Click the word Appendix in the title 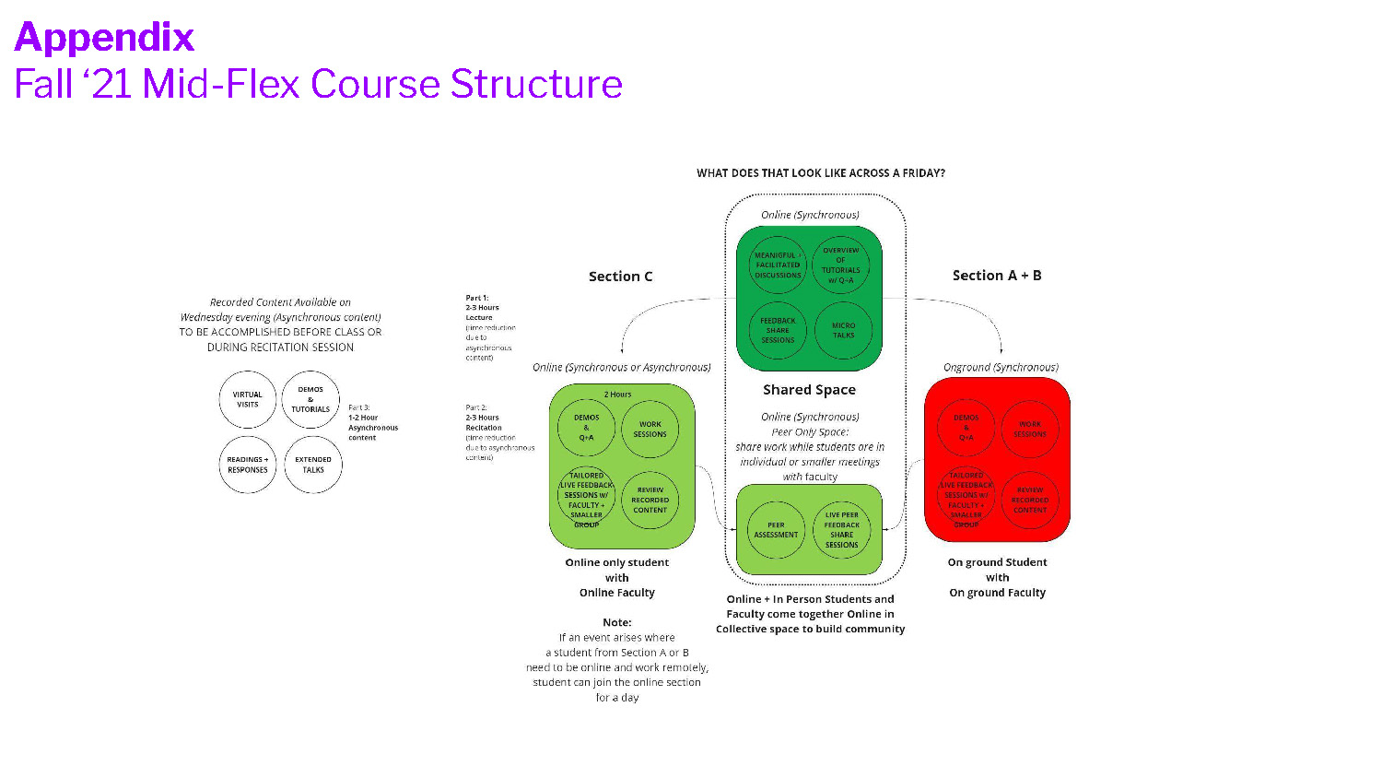click(x=104, y=38)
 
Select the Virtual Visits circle click(x=248, y=400)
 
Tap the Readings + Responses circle click(x=248, y=465)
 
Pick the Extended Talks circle click(x=313, y=465)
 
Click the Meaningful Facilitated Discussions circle click(x=778, y=265)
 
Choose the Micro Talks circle click(x=843, y=330)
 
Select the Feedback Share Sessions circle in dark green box click(x=778, y=330)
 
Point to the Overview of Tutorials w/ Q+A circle click(x=840, y=265)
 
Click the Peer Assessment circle click(x=776, y=530)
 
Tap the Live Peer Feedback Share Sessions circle click(x=842, y=530)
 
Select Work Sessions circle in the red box click(x=1030, y=430)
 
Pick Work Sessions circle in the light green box click(x=650, y=430)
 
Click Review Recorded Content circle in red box click(x=1030, y=500)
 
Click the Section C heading click(x=620, y=277)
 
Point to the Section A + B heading click(x=997, y=276)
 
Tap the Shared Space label click(x=809, y=390)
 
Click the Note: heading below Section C click(x=616, y=622)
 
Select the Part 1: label click(x=477, y=298)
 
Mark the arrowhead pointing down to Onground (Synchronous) click(x=1001, y=349)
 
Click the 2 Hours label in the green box click(x=617, y=395)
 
